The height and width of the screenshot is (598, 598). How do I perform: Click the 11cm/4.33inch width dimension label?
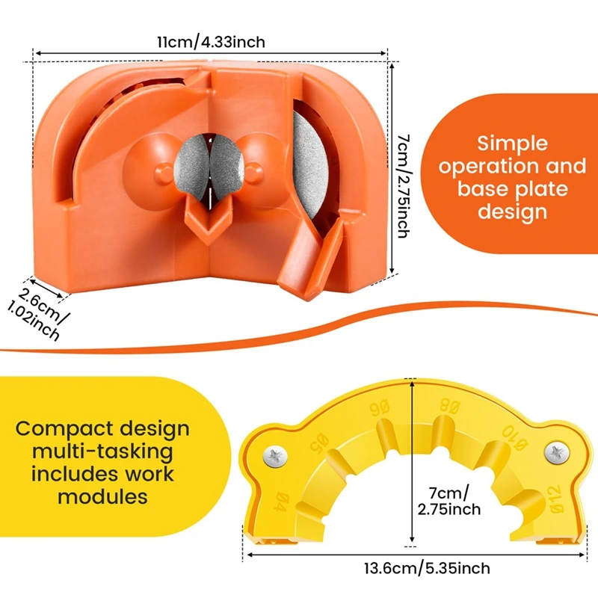point(210,41)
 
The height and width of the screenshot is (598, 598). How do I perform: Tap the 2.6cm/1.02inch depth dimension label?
point(43,314)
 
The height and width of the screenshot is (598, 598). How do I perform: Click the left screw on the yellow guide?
point(273,455)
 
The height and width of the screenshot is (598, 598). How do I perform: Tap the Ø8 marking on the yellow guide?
point(449,409)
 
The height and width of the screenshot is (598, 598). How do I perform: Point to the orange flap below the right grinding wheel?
point(306,258)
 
